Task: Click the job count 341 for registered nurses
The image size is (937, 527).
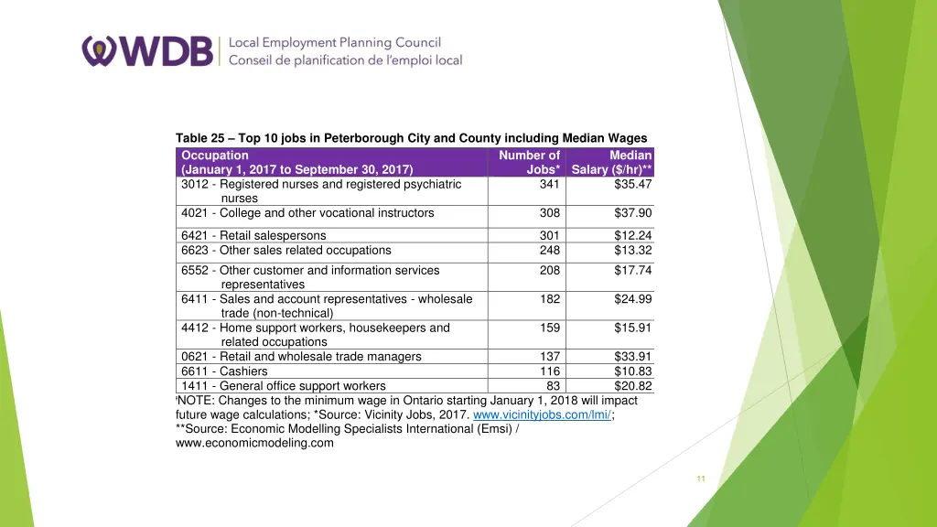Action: tap(549, 184)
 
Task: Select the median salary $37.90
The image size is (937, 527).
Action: tap(633, 213)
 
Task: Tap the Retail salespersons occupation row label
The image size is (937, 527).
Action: tap(253, 236)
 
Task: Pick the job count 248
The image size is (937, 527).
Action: tap(549, 251)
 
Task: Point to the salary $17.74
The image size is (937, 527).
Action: tap(633, 271)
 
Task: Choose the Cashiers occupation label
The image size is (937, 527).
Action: tap(224, 371)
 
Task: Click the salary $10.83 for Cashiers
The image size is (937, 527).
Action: tap(633, 371)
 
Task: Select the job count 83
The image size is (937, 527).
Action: tap(553, 386)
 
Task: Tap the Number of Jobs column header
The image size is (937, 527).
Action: tap(530, 162)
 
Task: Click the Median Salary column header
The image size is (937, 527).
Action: tap(612, 162)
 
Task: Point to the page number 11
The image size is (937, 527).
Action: tap(701, 479)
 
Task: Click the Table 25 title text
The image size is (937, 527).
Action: tap(411, 139)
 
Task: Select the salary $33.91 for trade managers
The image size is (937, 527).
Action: tap(633, 357)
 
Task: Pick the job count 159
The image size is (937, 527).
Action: tap(549, 328)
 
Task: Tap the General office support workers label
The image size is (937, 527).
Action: tap(284, 386)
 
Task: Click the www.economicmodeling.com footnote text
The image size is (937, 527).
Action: tap(254, 444)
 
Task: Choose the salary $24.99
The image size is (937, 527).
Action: tap(633, 299)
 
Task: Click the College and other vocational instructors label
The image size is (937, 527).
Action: tap(307, 213)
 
